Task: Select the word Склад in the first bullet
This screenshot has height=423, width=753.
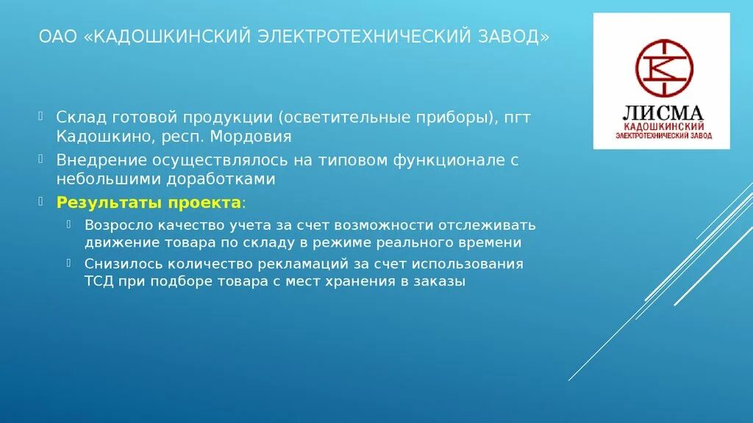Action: [x=79, y=117]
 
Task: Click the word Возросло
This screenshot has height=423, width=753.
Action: [x=115, y=224]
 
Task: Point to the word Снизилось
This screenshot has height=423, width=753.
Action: [x=118, y=264]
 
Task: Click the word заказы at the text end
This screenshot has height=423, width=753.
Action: [x=441, y=282]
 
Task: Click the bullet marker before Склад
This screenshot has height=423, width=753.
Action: [x=43, y=116]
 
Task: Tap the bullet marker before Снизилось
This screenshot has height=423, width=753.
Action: [x=68, y=262]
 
